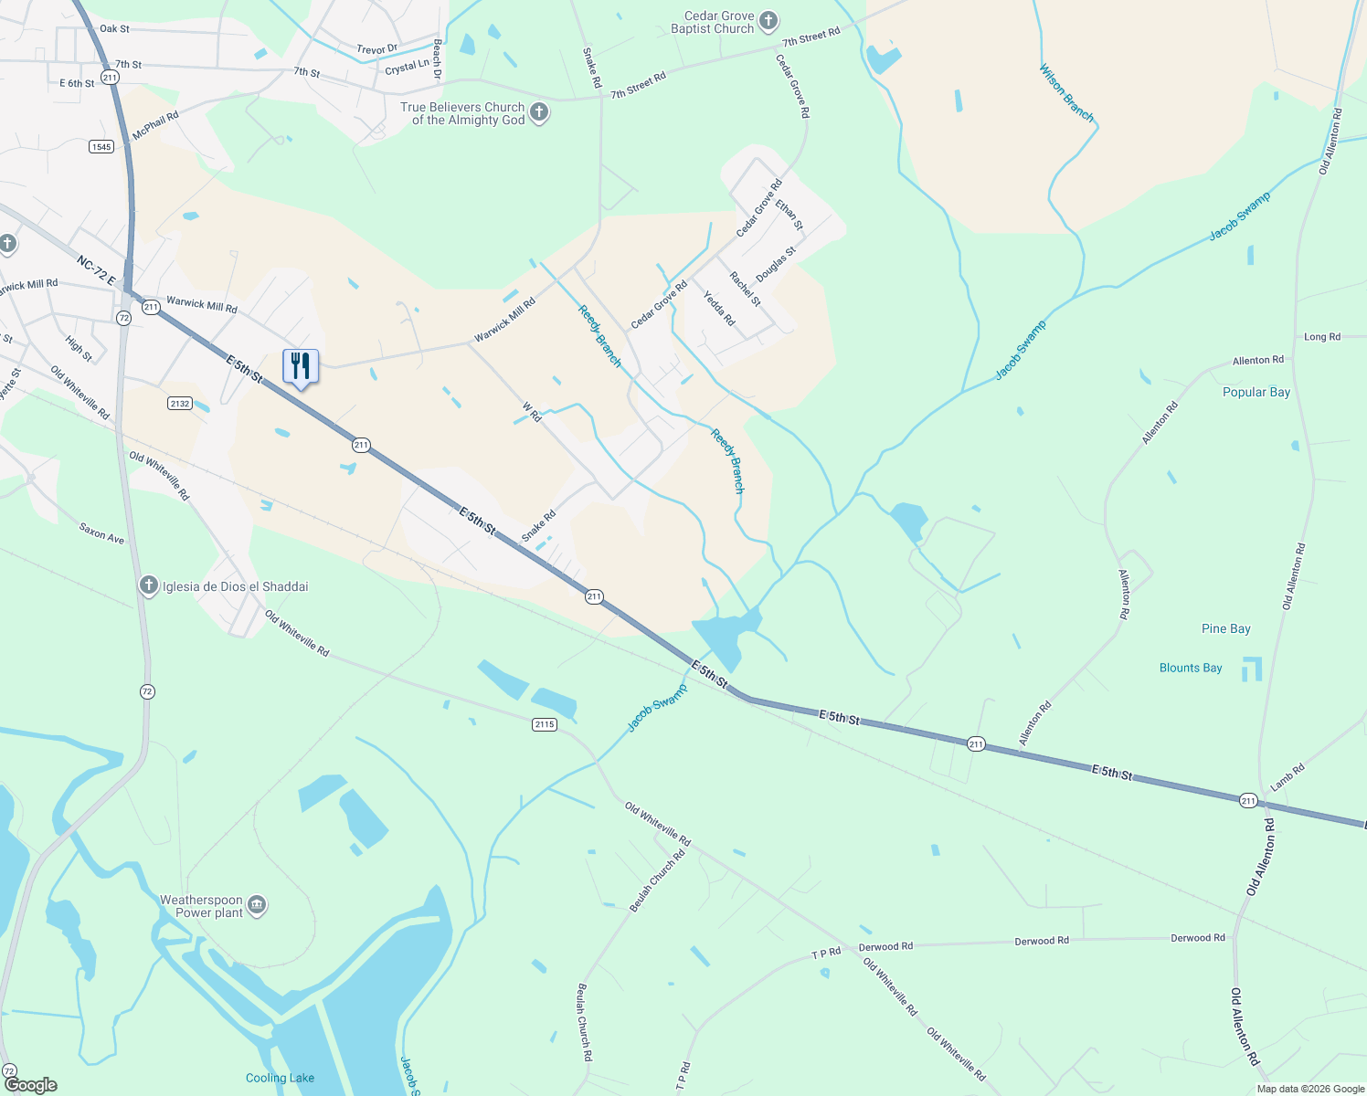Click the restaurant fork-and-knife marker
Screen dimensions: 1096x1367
pyautogui.click(x=301, y=366)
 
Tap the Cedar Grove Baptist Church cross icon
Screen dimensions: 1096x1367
pyautogui.click(x=768, y=21)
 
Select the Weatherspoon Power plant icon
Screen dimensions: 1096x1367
pyautogui.click(x=257, y=905)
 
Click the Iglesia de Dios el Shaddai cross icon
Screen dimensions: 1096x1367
pyautogui.click(x=149, y=585)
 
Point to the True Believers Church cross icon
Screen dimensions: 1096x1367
pyautogui.click(x=539, y=113)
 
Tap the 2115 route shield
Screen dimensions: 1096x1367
pyautogui.click(x=544, y=724)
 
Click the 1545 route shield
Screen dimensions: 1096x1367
pyautogui.click(x=101, y=146)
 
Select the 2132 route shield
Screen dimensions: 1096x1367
pyautogui.click(x=180, y=403)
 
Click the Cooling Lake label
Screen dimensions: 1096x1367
pyautogui.click(x=280, y=1078)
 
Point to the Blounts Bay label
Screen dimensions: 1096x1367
pyautogui.click(x=1190, y=668)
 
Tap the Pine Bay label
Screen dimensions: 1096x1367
pyautogui.click(x=1225, y=628)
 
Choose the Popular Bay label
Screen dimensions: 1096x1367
pyautogui.click(x=1256, y=392)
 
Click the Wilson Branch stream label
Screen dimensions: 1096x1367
pyautogui.click(x=1066, y=92)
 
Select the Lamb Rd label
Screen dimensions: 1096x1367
pyautogui.click(x=1287, y=777)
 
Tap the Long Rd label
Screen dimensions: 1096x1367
pyautogui.click(x=1321, y=337)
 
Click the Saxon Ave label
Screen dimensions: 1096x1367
pyautogui.click(x=101, y=532)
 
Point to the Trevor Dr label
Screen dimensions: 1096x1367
pyautogui.click(x=376, y=49)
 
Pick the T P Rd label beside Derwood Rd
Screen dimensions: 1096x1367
pyautogui.click(x=826, y=954)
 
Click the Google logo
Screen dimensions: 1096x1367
pyautogui.click(x=30, y=1085)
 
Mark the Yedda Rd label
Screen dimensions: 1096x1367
pyautogui.click(x=719, y=309)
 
